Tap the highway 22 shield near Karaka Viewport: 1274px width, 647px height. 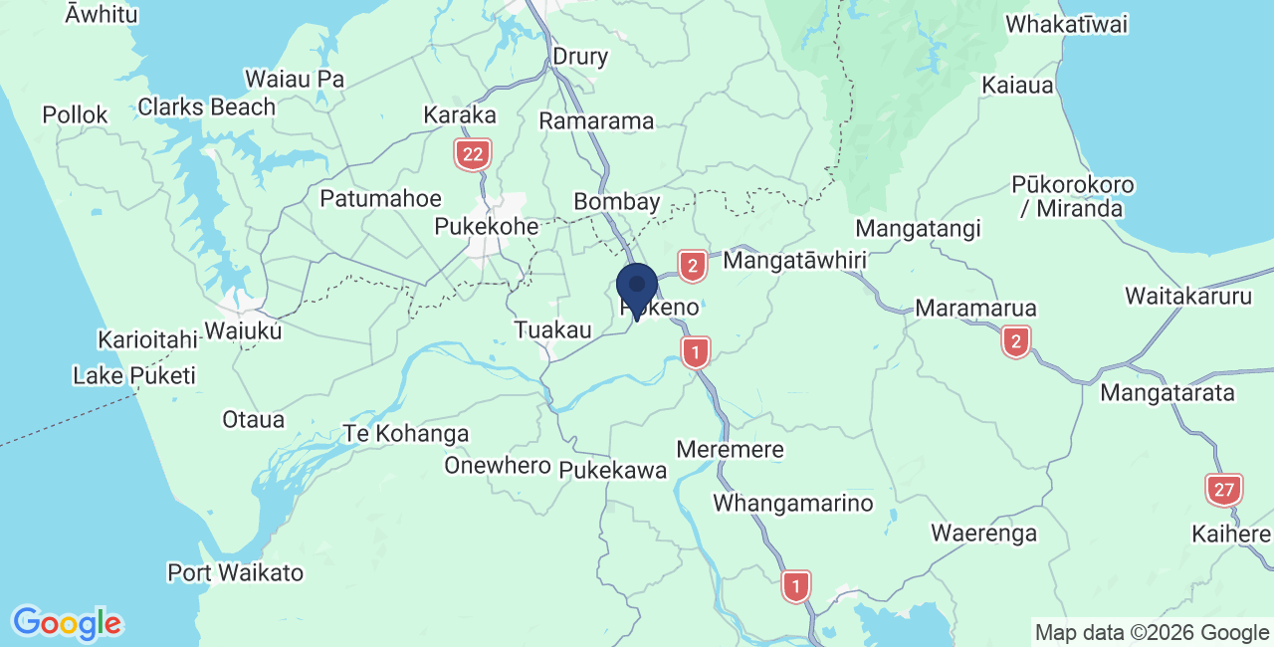[473, 154]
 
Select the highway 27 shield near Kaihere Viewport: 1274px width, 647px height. [1223, 490]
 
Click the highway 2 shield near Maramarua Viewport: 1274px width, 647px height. [1015, 342]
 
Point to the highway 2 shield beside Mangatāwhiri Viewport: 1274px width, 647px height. [692, 266]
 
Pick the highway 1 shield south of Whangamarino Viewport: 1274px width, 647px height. [795, 585]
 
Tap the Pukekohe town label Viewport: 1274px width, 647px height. [487, 227]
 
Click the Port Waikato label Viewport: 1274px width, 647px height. [236, 573]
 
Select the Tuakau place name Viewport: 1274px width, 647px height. [553, 329]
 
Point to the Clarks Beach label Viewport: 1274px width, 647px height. [207, 107]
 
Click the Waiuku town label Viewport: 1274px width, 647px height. [243, 329]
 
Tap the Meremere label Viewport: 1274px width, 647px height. [730, 450]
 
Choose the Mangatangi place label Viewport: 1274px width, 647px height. [918, 229]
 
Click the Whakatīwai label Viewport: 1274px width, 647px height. [1067, 25]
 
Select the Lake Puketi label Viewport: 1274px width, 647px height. [134, 376]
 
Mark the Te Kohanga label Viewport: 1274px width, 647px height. [405, 434]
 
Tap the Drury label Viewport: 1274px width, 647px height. [579, 57]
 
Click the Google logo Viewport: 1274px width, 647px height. [67, 623]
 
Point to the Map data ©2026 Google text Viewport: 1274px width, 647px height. [1152, 632]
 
